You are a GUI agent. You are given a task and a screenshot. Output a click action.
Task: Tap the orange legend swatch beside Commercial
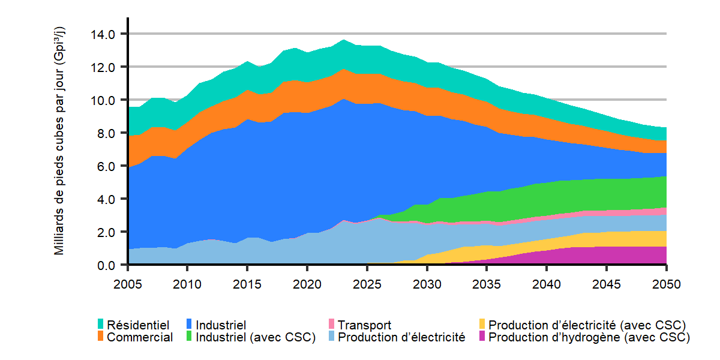[x=101, y=337]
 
